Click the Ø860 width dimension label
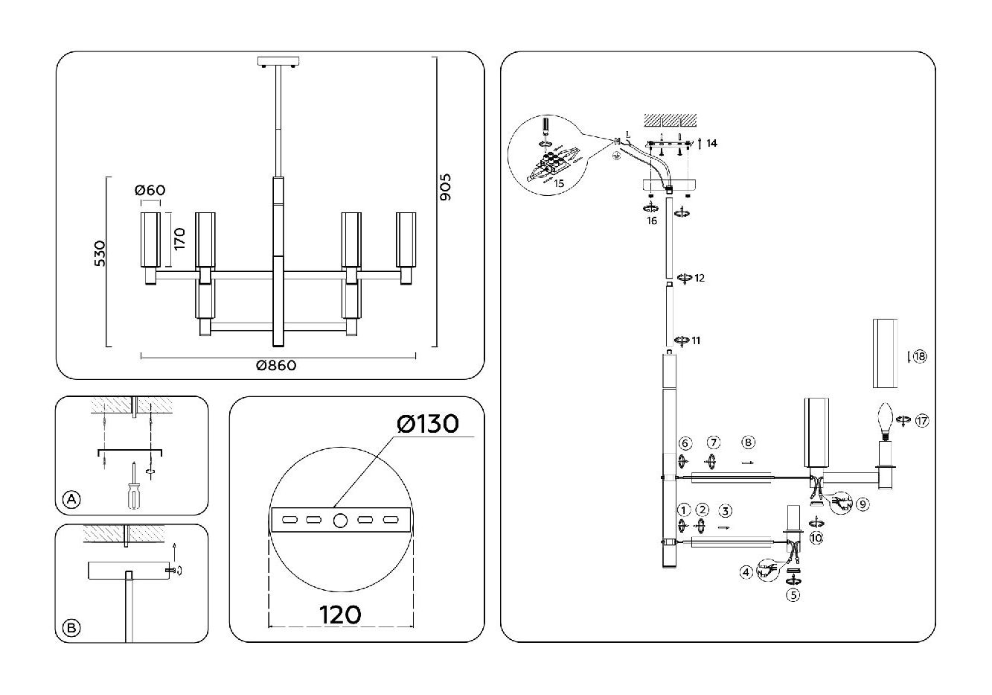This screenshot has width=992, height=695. click(276, 366)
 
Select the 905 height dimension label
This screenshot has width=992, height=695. click(446, 188)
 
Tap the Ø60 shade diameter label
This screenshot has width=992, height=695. click(150, 191)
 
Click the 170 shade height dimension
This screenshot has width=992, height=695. click(179, 240)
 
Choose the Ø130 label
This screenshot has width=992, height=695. click(429, 424)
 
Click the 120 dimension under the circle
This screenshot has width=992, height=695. click(340, 615)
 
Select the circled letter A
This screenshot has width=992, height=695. click(71, 500)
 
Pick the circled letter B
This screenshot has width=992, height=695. click(71, 628)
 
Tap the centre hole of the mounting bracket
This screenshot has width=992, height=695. click(339, 521)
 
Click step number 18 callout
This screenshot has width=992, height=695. click(920, 357)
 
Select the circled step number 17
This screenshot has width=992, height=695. click(923, 421)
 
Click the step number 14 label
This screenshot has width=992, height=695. click(712, 143)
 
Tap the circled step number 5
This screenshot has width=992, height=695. click(793, 595)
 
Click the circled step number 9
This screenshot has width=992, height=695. click(863, 504)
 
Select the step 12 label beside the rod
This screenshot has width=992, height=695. click(699, 279)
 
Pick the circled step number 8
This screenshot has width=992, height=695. click(749, 442)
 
